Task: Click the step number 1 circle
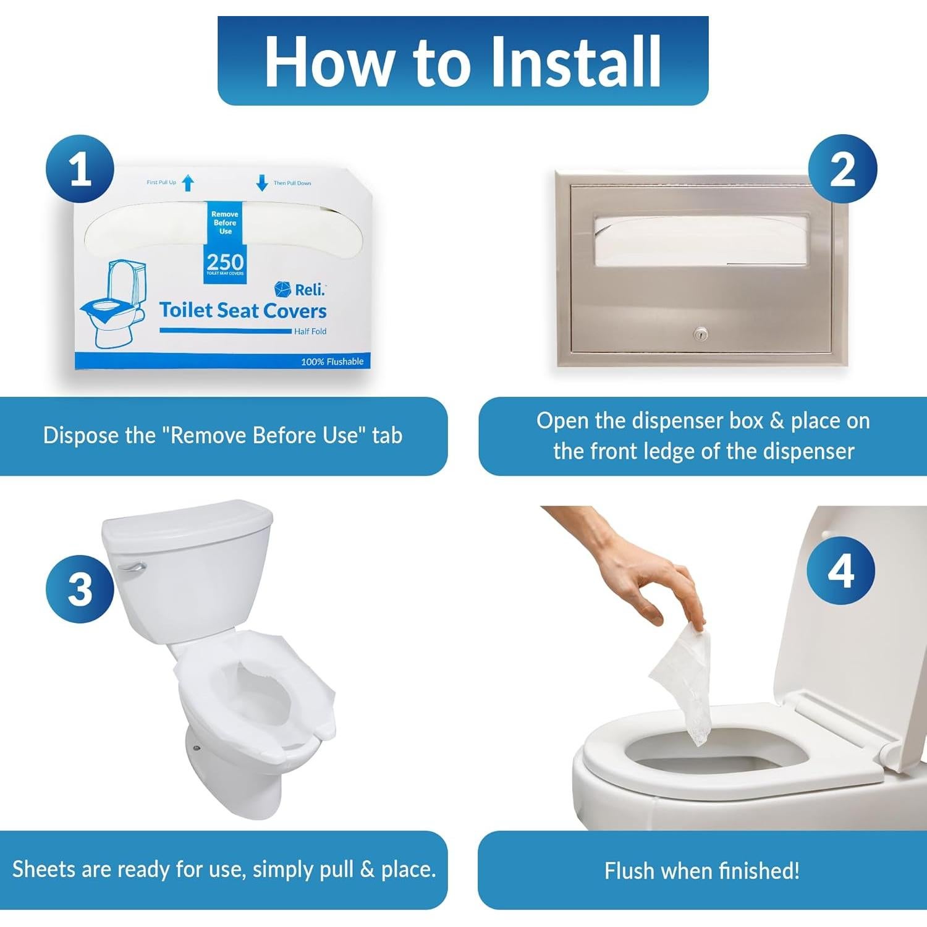(80, 169)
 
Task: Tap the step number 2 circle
(843, 169)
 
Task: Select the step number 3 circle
(80, 588)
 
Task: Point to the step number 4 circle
(841, 570)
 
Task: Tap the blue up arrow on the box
(188, 183)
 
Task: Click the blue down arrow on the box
(262, 183)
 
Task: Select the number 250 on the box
(225, 261)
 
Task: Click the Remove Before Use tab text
(225, 222)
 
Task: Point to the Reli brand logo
(300, 289)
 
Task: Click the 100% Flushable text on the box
(332, 362)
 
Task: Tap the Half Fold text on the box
(310, 331)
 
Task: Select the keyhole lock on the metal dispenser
(700, 334)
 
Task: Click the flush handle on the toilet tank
(131, 567)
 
